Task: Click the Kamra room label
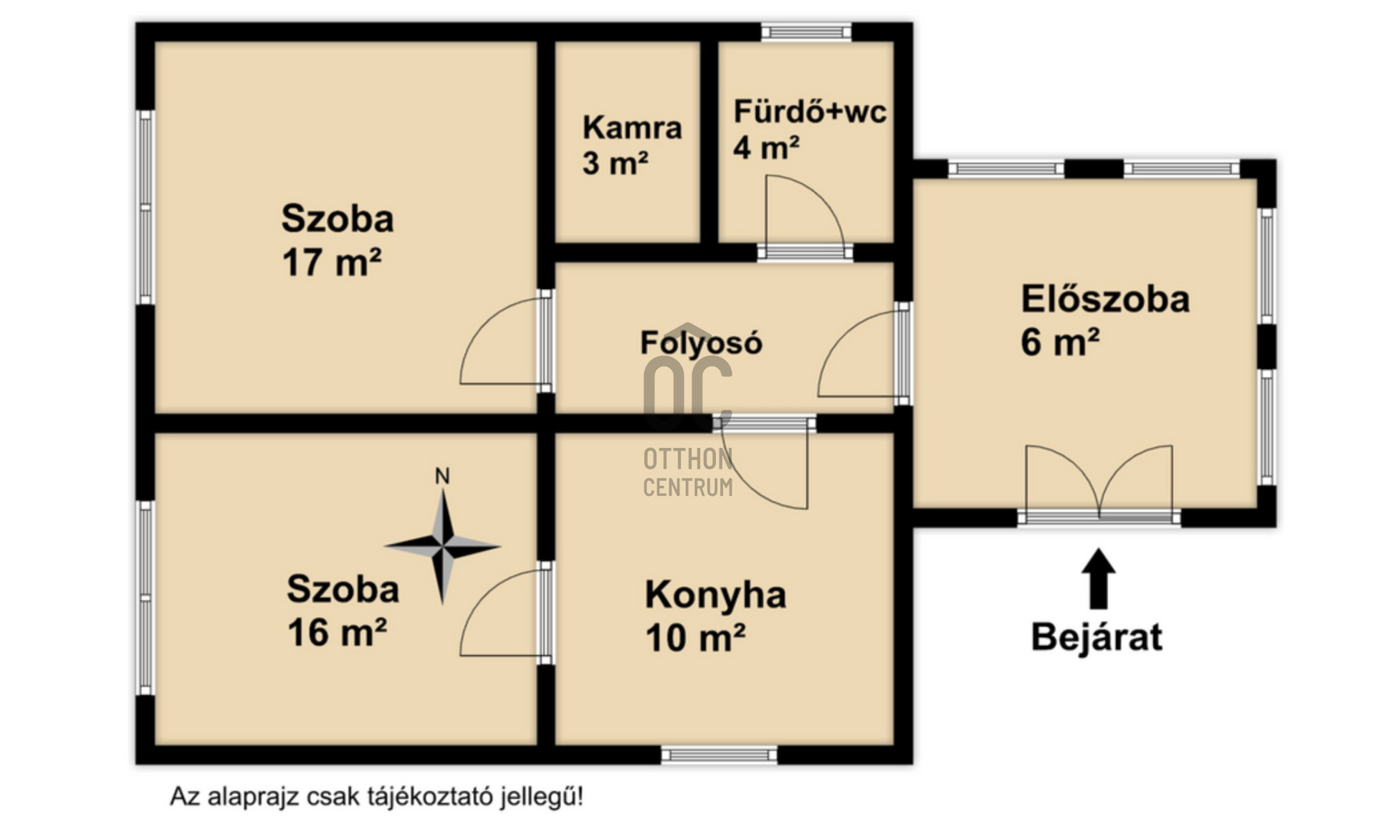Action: pyautogui.click(x=631, y=128)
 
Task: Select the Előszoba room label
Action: pyautogui.click(x=1105, y=299)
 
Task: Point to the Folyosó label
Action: pyautogui.click(x=701, y=343)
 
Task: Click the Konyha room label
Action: pyautogui.click(x=715, y=595)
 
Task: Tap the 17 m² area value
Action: pyautogui.click(x=331, y=262)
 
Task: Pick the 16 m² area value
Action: pyautogui.click(x=337, y=633)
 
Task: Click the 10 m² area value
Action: pyautogui.click(x=695, y=638)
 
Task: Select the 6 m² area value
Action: pyautogui.click(x=1060, y=342)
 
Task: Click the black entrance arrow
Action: pyautogui.click(x=1098, y=579)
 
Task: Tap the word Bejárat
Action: pyautogui.click(x=1096, y=637)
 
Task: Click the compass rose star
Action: pyautogui.click(x=443, y=547)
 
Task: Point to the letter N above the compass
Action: pyautogui.click(x=442, y=476)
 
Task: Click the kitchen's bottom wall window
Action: pyautogui.click(x=719, y=755)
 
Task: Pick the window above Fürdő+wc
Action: pyautogui.click(x=806, y=32)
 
